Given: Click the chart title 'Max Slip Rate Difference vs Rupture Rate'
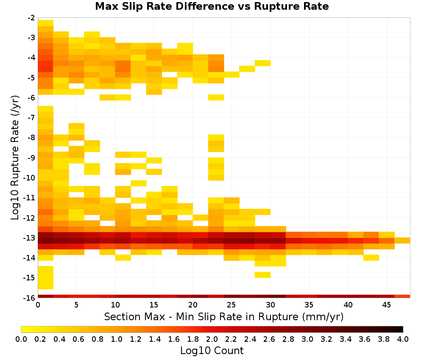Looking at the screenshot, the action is (212, 6).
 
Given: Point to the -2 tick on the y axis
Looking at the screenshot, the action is (31, 18).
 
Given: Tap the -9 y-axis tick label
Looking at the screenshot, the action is (31, 158).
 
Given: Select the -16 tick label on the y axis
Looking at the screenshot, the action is (29, 298).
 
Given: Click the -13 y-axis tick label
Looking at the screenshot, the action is (29, 238).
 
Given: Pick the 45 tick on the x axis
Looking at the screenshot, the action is (386, 305).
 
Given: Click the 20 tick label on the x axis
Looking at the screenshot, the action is (193, 305).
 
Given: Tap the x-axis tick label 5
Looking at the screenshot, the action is (76, 305).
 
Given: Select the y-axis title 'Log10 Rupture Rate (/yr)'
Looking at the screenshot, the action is (15, 158).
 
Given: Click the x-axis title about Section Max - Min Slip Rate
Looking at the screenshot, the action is (224, 316).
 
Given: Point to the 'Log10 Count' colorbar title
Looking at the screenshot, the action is (212, 351).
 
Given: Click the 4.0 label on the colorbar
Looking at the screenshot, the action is (403, 339).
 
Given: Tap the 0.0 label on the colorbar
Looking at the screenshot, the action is (21, 339).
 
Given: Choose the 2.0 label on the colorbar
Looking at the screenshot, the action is (212, 339).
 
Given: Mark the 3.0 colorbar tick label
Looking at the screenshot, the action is (307, 339).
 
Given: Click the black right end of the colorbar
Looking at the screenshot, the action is (402, 329).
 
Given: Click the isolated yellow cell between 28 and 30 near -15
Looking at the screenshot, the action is (262, 274).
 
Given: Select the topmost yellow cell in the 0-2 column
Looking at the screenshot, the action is (46, 23).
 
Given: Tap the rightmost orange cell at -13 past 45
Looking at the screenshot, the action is (402, 241).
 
